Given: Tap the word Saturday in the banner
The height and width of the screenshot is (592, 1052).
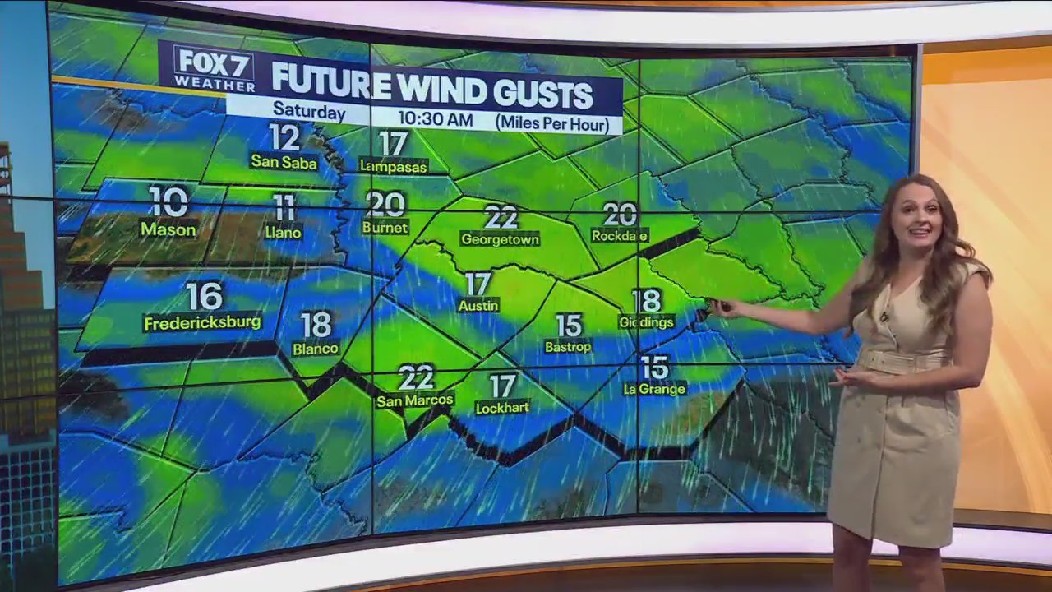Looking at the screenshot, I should pos(309,110).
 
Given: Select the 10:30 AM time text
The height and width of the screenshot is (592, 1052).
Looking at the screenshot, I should pos(435,119).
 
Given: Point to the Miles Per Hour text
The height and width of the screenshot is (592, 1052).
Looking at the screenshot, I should pos(551,123).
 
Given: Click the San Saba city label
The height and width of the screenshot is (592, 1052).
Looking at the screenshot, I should pos(284,162).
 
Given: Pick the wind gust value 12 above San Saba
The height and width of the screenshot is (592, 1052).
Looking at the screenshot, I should pos(284,137).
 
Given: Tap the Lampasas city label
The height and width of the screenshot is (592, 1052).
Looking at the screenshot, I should pos(394,166).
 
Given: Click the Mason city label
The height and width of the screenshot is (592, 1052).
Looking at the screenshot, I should pos(168,229).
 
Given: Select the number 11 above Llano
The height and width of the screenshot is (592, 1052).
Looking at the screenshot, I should pos(284,207).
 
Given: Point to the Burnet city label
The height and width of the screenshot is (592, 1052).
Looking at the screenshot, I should pos(385,228).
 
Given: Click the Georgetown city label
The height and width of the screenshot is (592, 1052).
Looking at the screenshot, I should pos(500,239).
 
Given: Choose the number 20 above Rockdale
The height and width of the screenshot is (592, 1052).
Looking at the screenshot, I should pos(620,215).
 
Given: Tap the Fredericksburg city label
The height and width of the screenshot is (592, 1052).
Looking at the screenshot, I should pos(202,323).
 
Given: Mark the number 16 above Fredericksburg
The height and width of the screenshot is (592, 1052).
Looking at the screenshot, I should pos(205,296).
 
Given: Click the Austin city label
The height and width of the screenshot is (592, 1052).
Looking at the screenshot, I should pos(478,306).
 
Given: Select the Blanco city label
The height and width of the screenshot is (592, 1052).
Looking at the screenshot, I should pos(316,349).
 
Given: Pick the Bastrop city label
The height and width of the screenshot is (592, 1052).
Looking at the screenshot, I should pos(568,347).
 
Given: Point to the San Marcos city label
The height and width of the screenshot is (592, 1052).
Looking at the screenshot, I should pos(415,401).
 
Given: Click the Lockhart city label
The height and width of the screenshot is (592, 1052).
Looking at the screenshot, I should pos(502,408).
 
